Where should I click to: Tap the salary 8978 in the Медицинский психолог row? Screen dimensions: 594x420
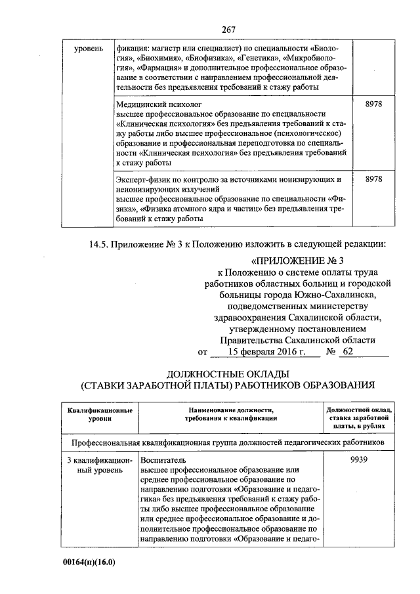pos(373,104)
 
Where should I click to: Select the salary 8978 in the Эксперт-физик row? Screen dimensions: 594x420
pos(373,179)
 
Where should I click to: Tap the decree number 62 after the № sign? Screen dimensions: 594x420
pos(348,352)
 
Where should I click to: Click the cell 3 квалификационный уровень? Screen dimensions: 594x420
pos(98,465)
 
